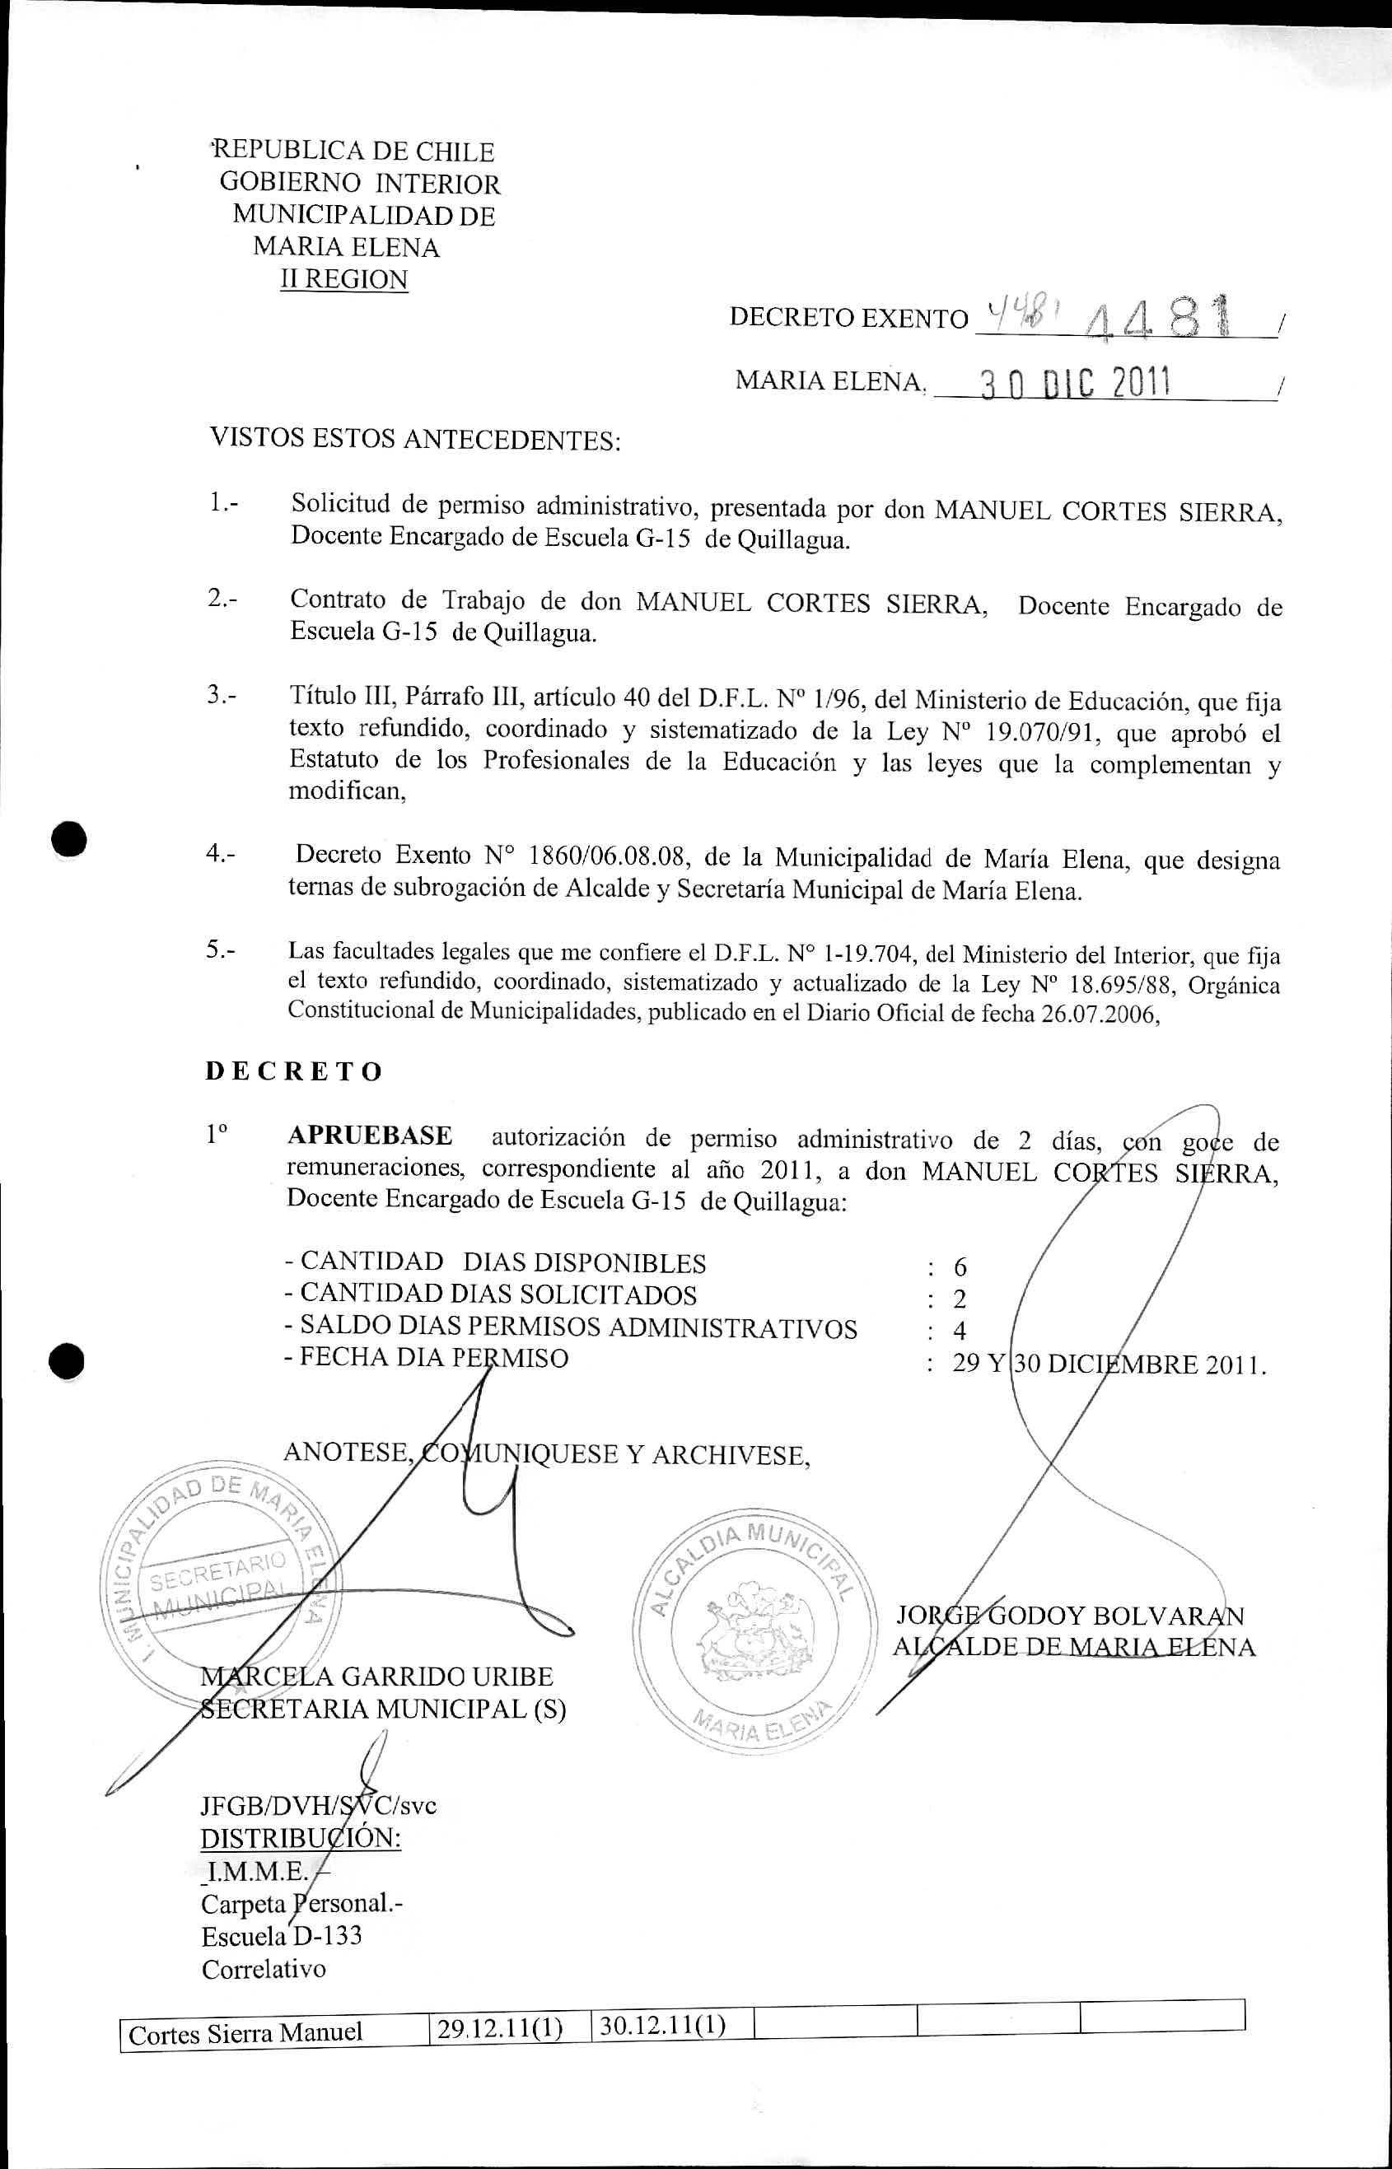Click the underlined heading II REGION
(x=343, y=279)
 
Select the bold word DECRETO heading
(x=294, y=1072)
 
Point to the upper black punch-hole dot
(x=68, y=838)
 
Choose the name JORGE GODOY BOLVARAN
(x=1070, y=1616)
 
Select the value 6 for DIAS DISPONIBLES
(x=960, y=1267)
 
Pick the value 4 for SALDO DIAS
(x=960, y=1331)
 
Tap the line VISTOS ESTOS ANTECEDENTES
(x=415, y=439)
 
